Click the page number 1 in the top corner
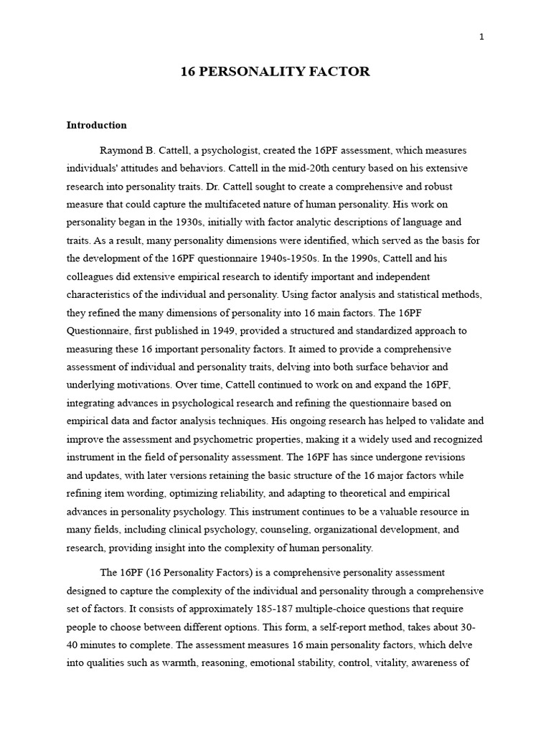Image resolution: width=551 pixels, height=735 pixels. point(481,37)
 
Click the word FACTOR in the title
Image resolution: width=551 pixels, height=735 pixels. point(338,72)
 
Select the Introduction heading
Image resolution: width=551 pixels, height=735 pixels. point(96,125)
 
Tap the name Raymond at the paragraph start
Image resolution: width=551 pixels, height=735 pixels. point(121,151)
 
